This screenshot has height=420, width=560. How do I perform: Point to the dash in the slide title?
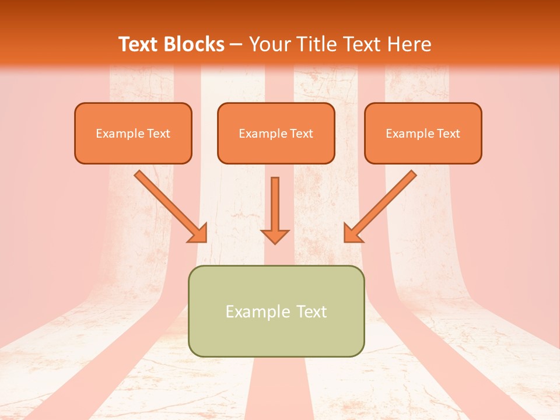pos(236,45)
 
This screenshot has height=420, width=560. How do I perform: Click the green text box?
pos(276,335)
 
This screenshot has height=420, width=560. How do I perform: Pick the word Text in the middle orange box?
pos(302,134)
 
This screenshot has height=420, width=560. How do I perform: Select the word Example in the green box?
pos(258,311)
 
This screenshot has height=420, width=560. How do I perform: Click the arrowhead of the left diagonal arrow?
pos(200,235)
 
